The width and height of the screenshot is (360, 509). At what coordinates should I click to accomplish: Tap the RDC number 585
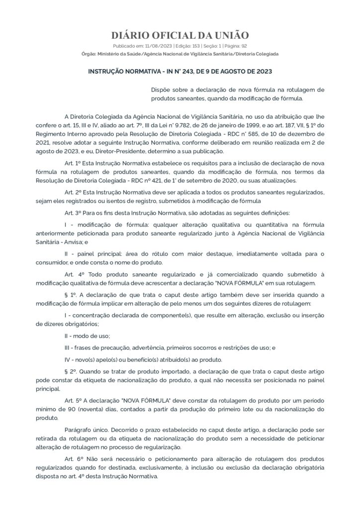[257, 134]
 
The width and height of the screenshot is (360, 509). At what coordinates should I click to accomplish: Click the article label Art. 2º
[73, 192]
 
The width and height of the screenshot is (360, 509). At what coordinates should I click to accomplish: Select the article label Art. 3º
[73, 212]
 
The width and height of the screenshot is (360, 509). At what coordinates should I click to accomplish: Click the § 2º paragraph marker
[70, 372]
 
